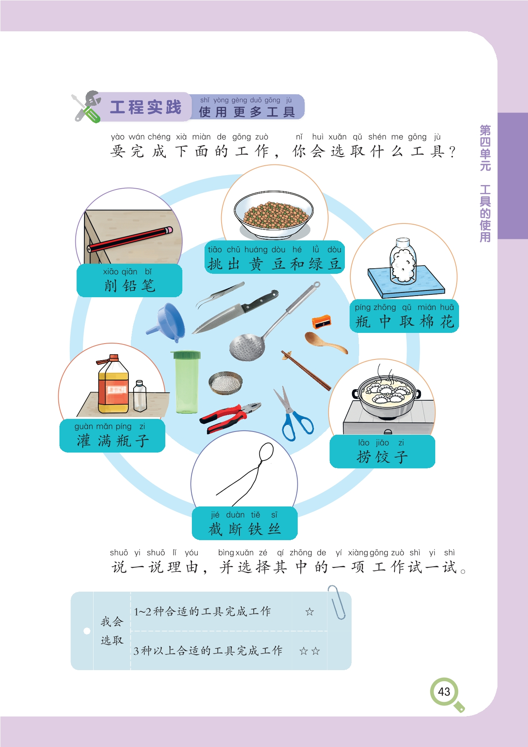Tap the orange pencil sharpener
click(321, 321)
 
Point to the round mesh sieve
click(226, 383)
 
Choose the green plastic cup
click(186, 382)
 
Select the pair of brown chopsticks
click(306, 370)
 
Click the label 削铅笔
click(130, 286)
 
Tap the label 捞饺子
click(382, 457)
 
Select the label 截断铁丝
click(245, 529)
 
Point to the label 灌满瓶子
click(113, 441)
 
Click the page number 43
click(444, 692)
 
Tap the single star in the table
click(310, 612)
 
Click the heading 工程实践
click(145, 107)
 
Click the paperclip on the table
click(336, 602)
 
